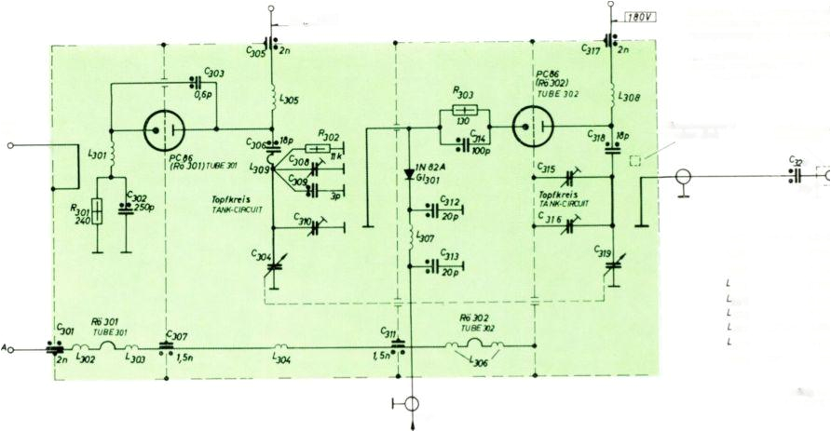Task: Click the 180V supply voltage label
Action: (636, 16)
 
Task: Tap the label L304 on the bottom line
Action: (282, 355)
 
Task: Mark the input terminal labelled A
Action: (6, 348)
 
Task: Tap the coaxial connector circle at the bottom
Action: (411, 404)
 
